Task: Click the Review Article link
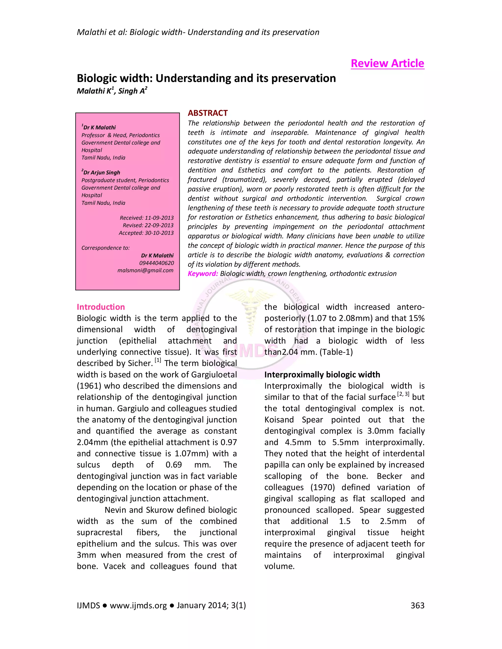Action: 387,63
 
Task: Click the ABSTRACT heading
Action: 208,113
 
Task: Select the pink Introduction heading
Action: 100,307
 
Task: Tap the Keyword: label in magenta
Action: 202,274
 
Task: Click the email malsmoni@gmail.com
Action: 145,270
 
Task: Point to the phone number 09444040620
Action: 156,263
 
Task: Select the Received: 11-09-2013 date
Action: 147,218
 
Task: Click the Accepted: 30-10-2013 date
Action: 146,233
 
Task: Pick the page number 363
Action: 417,605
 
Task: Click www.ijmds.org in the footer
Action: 138,605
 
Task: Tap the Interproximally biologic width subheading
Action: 322,375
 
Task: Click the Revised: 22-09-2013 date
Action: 148,225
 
